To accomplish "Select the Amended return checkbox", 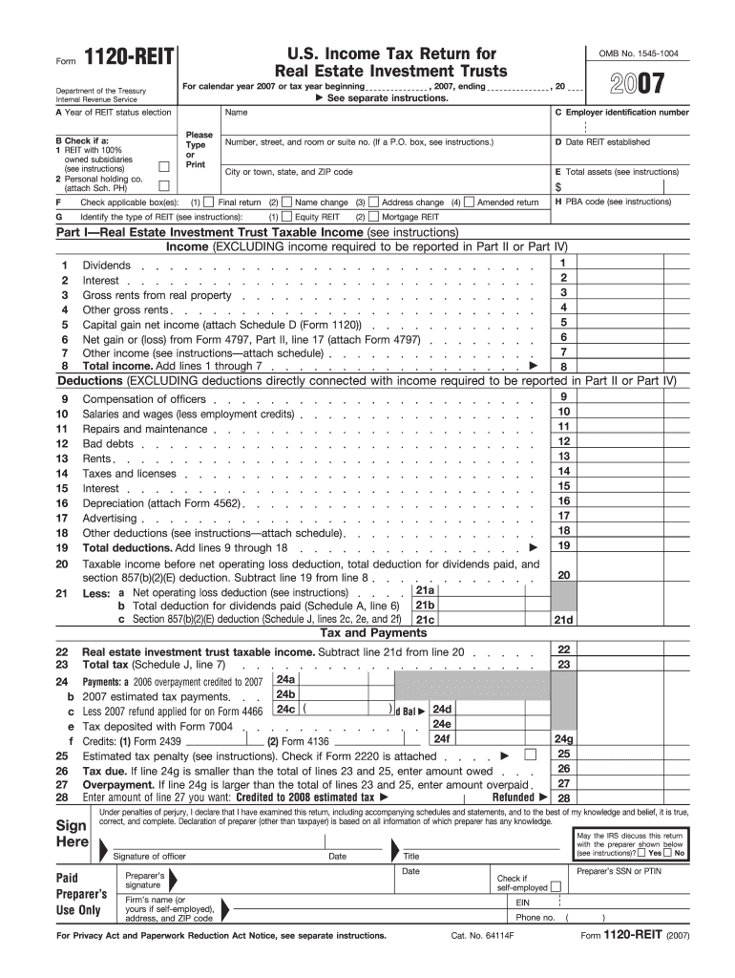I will (470, 202).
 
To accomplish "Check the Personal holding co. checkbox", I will (163, 185).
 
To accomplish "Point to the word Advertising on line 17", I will (110, 519).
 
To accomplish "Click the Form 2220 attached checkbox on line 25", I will (531, 755).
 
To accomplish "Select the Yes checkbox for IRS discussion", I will (642, 853).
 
